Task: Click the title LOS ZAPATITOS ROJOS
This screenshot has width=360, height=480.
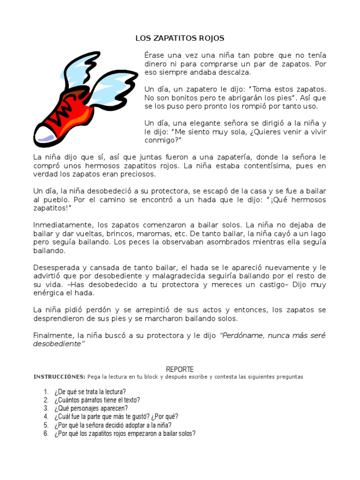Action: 180,38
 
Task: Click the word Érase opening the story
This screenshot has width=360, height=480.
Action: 155,55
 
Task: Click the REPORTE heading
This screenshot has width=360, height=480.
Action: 180,369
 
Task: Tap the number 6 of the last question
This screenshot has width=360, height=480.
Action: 46,434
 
